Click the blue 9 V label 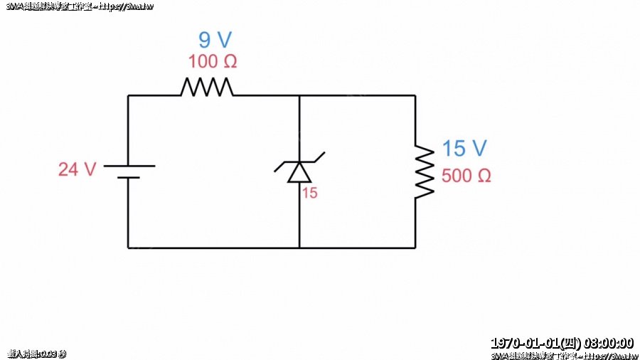pyautogui.click(x=215, y=40)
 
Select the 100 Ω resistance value pyautogui.click(x=213, y=61)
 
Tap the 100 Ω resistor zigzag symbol pyautogui.click(x=206, y=87)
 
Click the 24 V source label pyautogui.click(x=77, y=169)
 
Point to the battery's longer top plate pyautogui.click(x=129, y=165)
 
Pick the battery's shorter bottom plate pyautogui.click(x=129, y=177)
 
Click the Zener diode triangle pyautogui.click(x=299, y=173)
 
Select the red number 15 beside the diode pyautogui.click(x=309, y=193)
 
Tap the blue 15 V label pyautogui.click(x=464, y=149)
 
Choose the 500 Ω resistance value pyautogui.click(x=466, y=176)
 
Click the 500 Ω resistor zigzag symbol pyautogui.click(x=424, y=171)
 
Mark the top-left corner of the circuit pyautogui.click(x=129, y=95)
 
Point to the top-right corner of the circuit pyautogui.click(x=415, y=95)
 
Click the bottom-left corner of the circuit pyautogui.click(x=129, y=248)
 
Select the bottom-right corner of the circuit pyautogui.click(x=415, y=248)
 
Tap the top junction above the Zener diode pyautogui.click(x=299, y=95)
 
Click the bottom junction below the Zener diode pyautogui.click(x=299, y=248)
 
